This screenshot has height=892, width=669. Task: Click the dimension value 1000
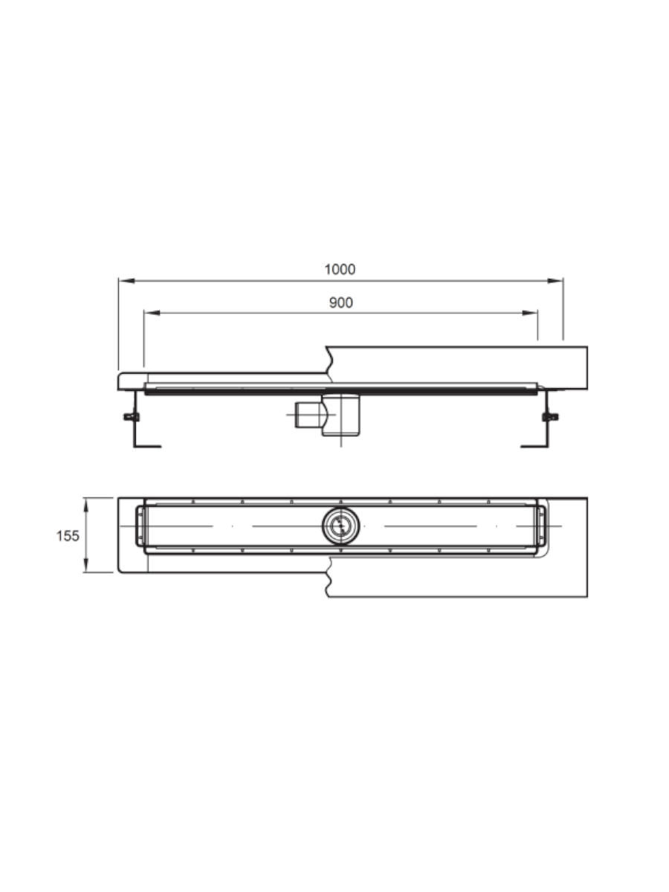[340, 269]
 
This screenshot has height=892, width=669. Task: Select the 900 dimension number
[340, 303]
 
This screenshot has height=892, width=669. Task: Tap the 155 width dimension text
[68, 536]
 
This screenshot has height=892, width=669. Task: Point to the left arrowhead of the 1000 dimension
[126, 281]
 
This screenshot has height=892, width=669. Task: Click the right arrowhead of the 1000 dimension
[555, 281]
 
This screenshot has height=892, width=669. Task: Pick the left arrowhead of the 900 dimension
[152, 313]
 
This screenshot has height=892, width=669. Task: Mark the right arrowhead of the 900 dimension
[530, 313]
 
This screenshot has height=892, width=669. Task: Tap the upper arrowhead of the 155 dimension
[85, 505]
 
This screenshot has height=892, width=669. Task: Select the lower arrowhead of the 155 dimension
[85, 564]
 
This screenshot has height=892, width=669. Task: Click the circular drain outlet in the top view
[340, 526]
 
